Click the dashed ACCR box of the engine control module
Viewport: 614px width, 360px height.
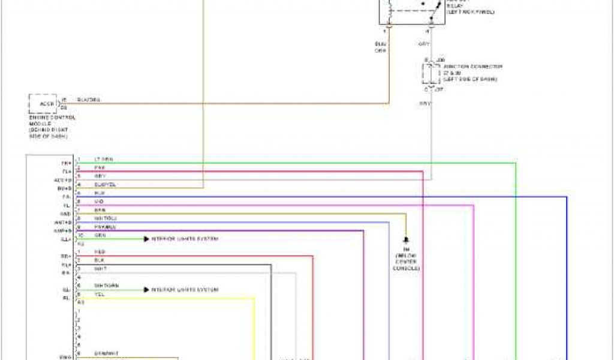coord(46,104)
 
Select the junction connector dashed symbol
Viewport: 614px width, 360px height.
coord(430,73)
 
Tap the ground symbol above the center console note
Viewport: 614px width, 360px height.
coord(407,238)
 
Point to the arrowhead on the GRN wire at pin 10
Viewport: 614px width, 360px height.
coord(146,239)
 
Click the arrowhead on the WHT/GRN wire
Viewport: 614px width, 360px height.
coord(146,290)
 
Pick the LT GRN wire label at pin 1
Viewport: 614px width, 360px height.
coord(103,160)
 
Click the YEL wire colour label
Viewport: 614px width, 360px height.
coord(99,294)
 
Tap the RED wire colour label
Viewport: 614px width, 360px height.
coord(100,252)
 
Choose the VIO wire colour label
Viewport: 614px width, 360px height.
coord(99,202)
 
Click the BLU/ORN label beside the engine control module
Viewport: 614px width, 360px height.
coord(89,100)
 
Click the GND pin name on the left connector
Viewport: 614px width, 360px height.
coord(66,214)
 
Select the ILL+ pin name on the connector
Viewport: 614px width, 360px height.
coord(66,239)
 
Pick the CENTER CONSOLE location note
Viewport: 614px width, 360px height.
coord(406,264)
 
